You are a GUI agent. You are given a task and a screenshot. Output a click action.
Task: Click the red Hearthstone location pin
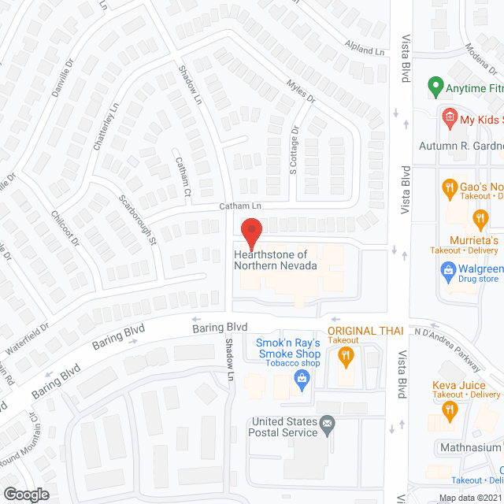coord(251,233)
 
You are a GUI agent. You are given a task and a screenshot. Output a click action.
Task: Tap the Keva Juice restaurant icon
coord(449,408)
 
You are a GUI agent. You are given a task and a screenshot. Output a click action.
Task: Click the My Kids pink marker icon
coord(449,120)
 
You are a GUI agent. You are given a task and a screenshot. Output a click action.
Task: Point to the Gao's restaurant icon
coord(449,187)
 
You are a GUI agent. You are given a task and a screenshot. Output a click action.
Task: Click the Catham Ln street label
coord(239,206)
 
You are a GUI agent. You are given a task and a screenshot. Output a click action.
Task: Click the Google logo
coord(26,494)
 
